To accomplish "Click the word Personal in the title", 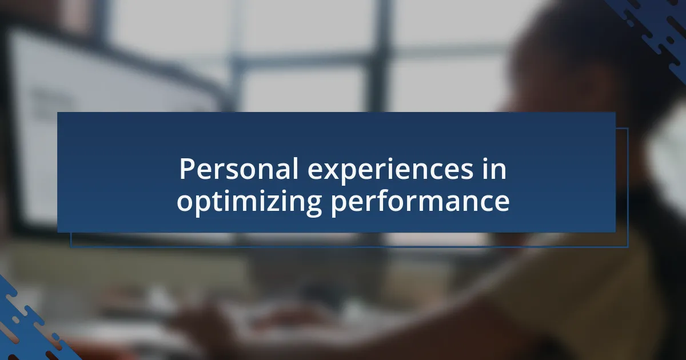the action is click(238, 169).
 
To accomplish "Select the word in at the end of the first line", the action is click(494, 169).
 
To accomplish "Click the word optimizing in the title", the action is click(249, 203).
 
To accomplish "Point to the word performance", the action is click(420, 203).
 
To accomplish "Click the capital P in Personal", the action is click(186, 169).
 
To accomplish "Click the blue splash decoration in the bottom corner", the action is click(31, 325).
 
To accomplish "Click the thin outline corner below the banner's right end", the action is click(628, 246).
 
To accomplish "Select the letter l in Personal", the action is click(295, 169).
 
